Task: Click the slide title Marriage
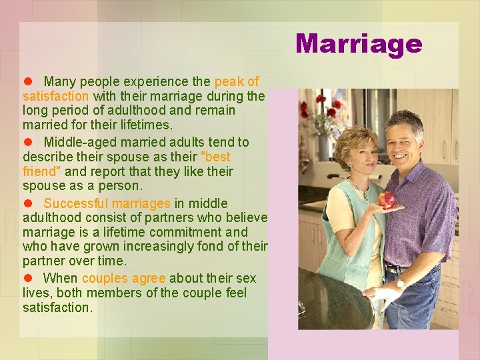pyautogui.click(x=359, y=44)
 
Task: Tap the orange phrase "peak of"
pyautogui.click(x=237, y=82)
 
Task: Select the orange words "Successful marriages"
pyautogui.click(x=107, y=203)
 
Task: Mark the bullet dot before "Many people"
pyautogui.click(x=28, y=82)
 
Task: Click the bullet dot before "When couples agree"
pyautogui.click(x=28, y=278)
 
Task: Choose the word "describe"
pyautogui.click(x=47, y=157)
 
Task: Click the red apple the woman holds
pyautogui.click(x=387, y=199)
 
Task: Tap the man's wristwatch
pyautogui.click(x=400, y=284)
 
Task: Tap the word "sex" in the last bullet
pyautogui.click(x=246, y=278)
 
